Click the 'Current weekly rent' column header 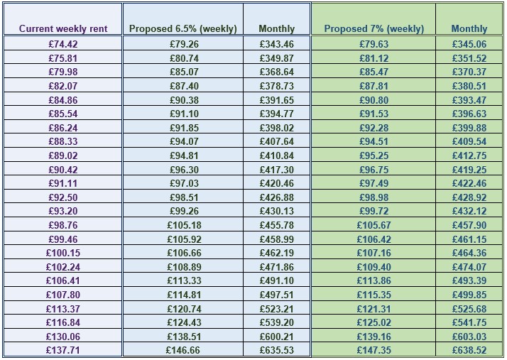click(63, 29)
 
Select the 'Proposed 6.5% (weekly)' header click(183, 29)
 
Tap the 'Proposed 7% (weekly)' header click(374, 29)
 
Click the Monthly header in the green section click(469, 29)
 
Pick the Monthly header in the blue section click(277, 29)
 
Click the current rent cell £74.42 click(63, 44)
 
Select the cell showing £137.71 click(63, 350)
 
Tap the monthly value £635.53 click(277, 350)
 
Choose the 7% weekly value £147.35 click(374, 350)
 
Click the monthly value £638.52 click(469, 350)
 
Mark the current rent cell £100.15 click(63, 253)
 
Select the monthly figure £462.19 click(277, 253)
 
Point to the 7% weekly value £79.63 click(374, 44)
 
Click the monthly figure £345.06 click(469, 44)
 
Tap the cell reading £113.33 click(183, 280)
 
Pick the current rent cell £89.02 click(63, 156)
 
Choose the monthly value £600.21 click(277, 336)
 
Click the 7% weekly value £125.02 click(374, 322)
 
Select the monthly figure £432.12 click(469, 211)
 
